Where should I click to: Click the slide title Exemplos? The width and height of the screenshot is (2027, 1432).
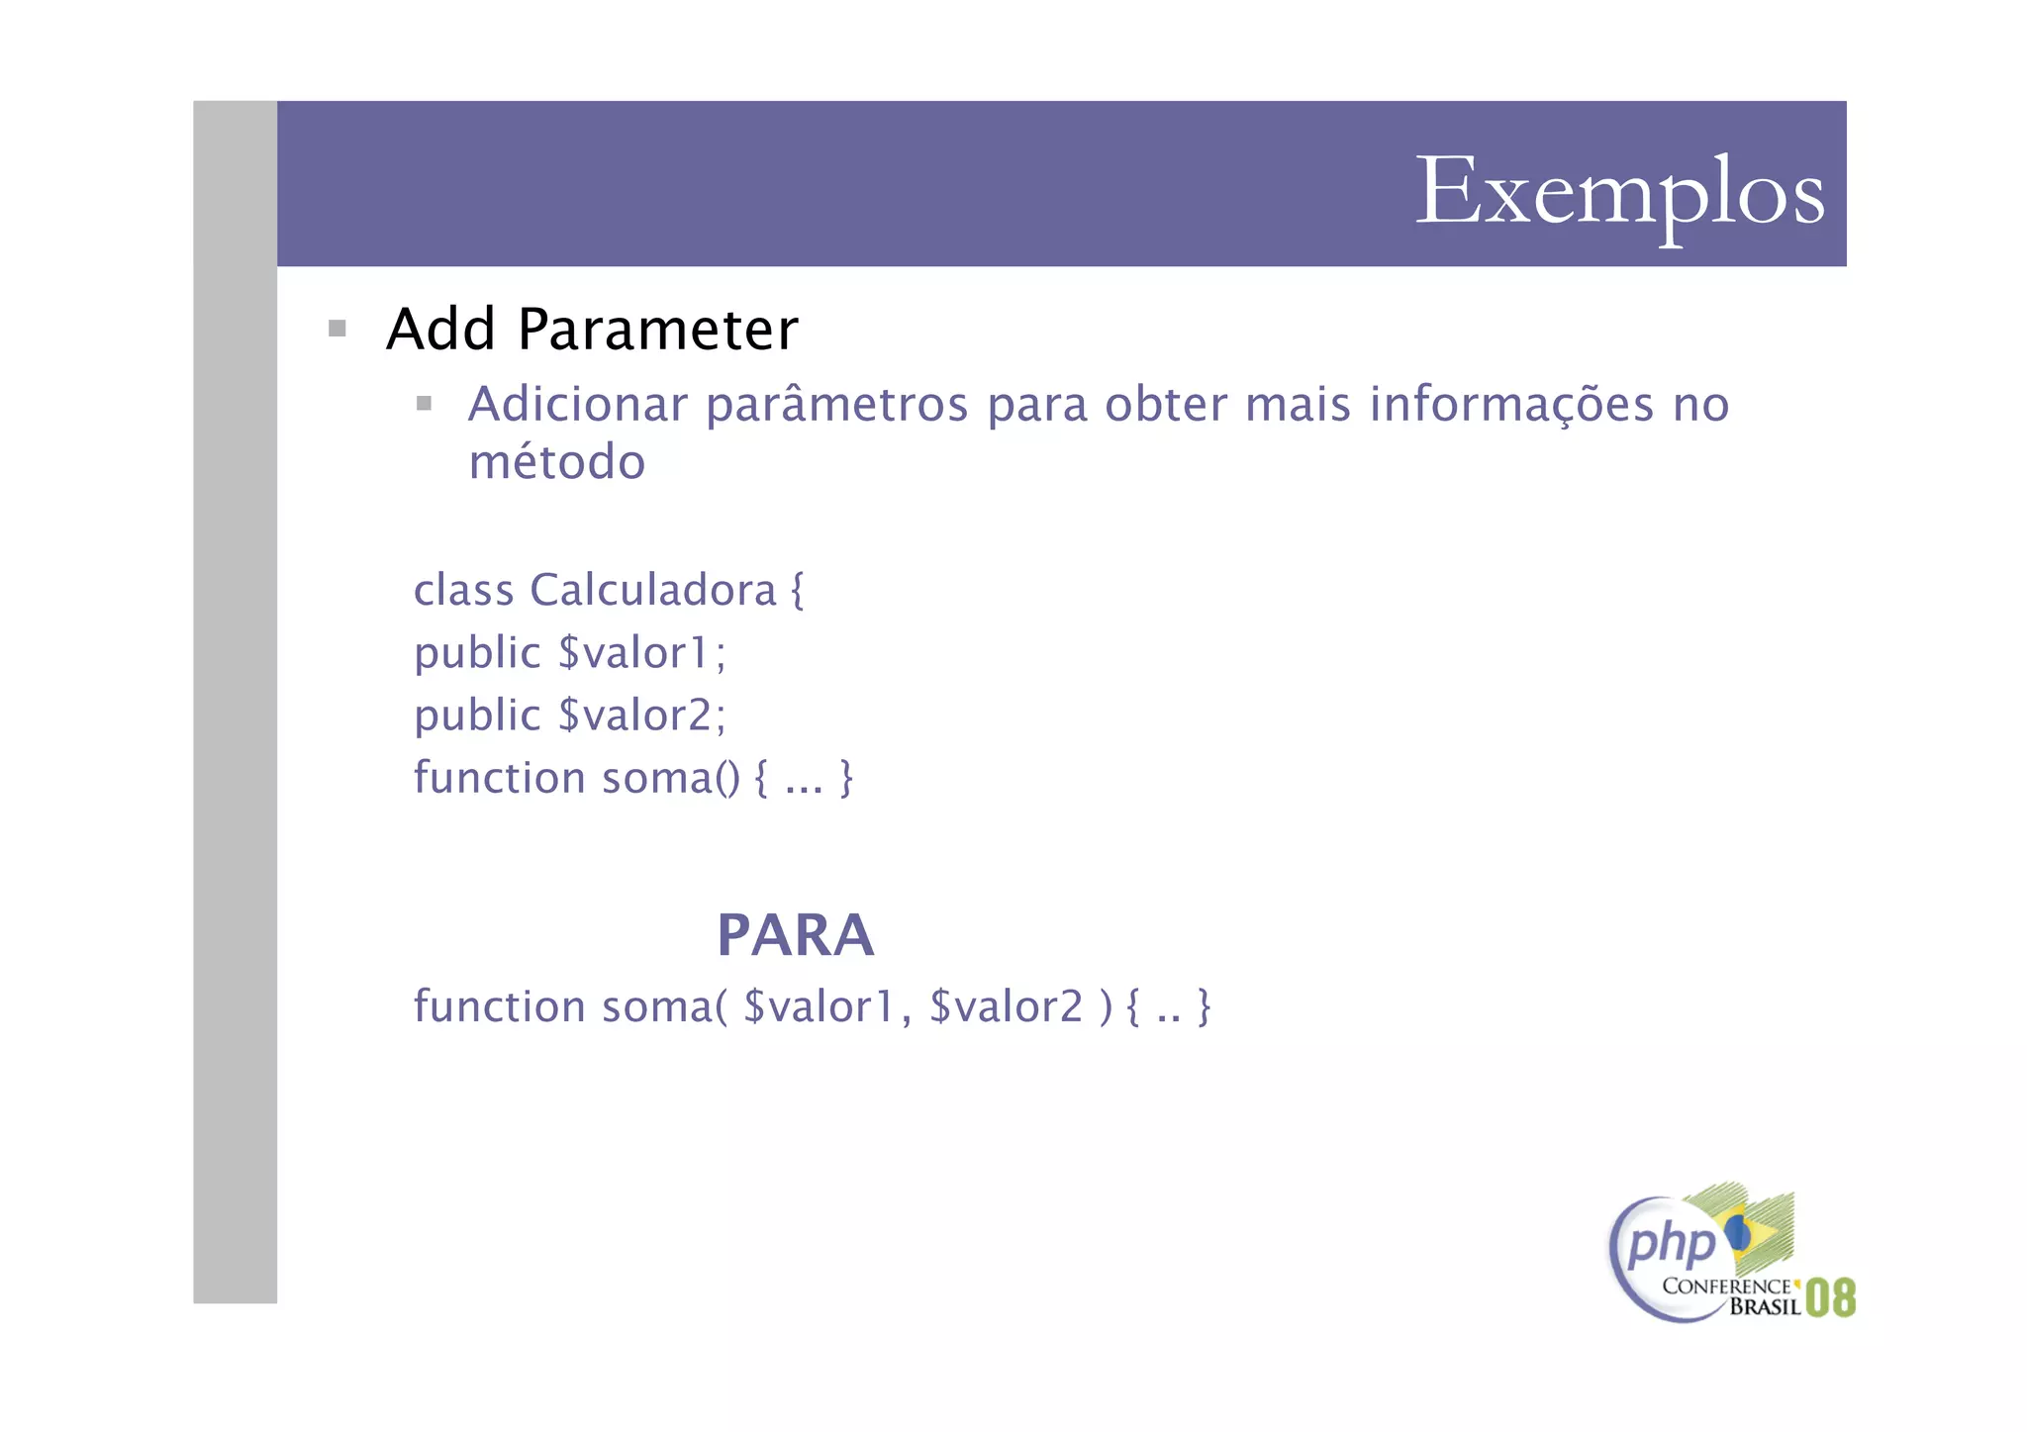1619,192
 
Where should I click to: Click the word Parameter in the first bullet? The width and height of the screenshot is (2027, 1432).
657,330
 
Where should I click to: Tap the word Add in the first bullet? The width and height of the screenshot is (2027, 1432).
440,330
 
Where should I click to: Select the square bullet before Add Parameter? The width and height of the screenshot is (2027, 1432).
338,329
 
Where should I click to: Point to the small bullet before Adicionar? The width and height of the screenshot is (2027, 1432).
424,403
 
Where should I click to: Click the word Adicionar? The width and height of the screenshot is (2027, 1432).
578,404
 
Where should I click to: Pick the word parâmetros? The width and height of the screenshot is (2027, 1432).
836,404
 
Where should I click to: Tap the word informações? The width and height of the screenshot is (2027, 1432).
1511,404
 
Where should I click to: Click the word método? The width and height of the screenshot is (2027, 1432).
556,462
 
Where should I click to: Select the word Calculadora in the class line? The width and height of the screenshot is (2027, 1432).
652,591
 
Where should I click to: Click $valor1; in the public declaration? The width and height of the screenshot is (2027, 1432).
641,653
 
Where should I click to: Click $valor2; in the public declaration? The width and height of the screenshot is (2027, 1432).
641,716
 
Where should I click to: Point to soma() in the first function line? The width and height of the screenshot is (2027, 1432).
670,778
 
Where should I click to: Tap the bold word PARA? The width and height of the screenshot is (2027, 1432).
796,935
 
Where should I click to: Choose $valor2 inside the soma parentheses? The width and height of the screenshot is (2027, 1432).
1006,1006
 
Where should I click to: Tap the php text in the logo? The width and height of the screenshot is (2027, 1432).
1671,1243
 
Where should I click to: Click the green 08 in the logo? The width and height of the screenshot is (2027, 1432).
1830,1297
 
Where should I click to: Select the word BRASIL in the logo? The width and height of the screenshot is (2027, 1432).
1765,1307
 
